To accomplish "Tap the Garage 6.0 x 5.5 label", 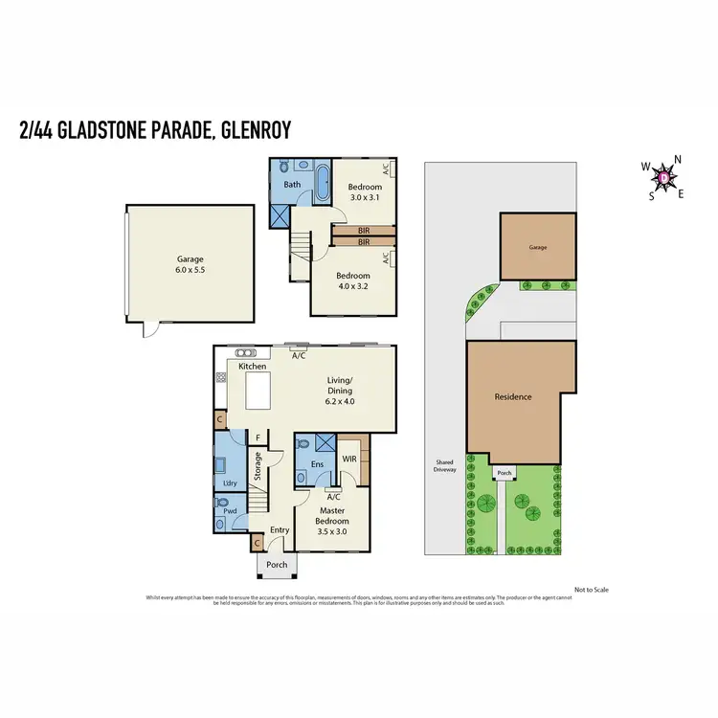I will [190, 265].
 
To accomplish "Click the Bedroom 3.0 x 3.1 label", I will [364, 191].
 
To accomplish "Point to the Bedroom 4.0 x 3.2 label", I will [352, 282].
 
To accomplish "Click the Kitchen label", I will [252, 366].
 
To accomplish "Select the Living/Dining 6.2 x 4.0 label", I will [340, 391].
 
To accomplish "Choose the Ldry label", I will [230, 483].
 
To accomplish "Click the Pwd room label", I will [230, 512].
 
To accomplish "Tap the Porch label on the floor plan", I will [276, 565].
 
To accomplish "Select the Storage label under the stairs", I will [257, 469].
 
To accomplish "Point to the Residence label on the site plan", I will [512, 396].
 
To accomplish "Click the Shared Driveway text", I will [444, 466].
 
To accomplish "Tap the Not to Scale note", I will [591, 590].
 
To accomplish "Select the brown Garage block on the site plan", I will [538, 247].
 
